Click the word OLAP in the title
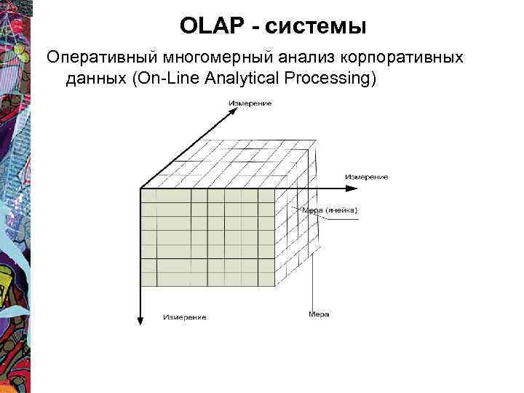click(212, 27)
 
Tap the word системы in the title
click(316, 27)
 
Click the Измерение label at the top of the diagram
click(250, 104)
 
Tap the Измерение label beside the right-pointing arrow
click(367, 177)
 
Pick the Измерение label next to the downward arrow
click(184, 317)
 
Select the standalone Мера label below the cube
click(319, 314)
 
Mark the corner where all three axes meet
click(140, 188)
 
